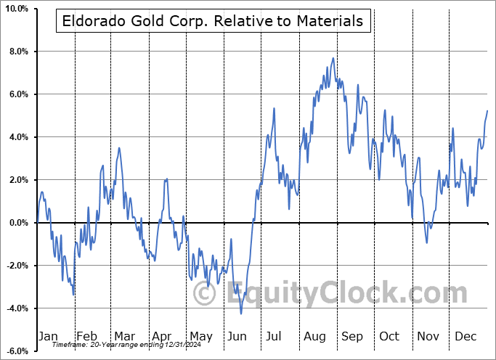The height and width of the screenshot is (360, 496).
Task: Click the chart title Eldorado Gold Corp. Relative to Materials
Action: click(x=213, y=21)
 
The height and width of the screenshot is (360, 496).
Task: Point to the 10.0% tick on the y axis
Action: click(x=15, y=9)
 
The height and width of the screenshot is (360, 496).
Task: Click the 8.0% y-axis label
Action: click(x=17, y=52)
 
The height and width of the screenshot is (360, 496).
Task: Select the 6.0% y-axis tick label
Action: click(x=17, y=94)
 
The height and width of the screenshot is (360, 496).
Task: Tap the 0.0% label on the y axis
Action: click(x=17, y=223)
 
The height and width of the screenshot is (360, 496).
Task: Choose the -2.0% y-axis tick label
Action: click(x=16, y=266)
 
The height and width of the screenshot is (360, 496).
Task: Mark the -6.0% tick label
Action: click(x=16, y=351)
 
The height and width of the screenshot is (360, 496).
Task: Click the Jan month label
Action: click(x=48, y=336)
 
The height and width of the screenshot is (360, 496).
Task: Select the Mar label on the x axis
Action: click(x=124, y=336)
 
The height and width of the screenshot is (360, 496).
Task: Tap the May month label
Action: click(x=200, y=336)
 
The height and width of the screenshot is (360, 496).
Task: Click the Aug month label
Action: click(x=314, y=336)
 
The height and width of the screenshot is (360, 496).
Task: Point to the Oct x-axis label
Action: click(x=389, y=336)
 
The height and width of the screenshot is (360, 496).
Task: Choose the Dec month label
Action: click(x=465, y=336)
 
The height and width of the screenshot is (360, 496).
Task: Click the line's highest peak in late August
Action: click(x=333, y=58)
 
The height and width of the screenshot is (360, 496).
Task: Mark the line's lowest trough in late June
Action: click(x=241, y=314)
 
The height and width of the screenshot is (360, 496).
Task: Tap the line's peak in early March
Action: click(x=119, y=148)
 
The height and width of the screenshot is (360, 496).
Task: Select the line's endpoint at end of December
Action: click(x=487, y=110)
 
